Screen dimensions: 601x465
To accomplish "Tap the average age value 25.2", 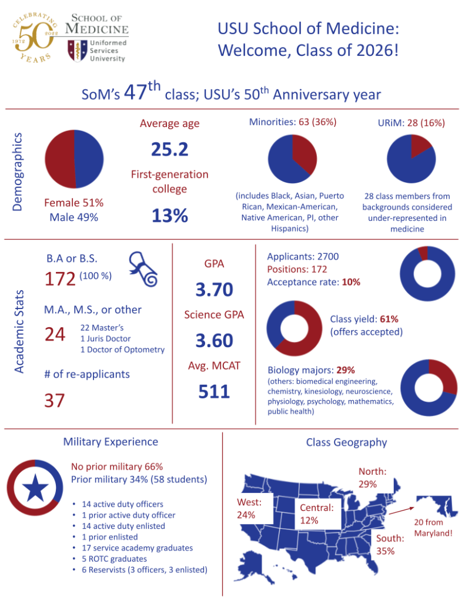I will pos(170,150).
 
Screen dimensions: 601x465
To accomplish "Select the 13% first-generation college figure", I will pos(170,216).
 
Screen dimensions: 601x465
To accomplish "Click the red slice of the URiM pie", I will pos(421,148).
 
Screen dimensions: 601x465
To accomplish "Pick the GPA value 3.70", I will pos(214,289).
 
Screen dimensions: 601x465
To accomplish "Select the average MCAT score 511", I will pos(214,391).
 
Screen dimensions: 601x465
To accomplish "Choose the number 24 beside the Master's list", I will pos(55,334).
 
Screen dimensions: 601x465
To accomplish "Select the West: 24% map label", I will pos(249,508).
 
